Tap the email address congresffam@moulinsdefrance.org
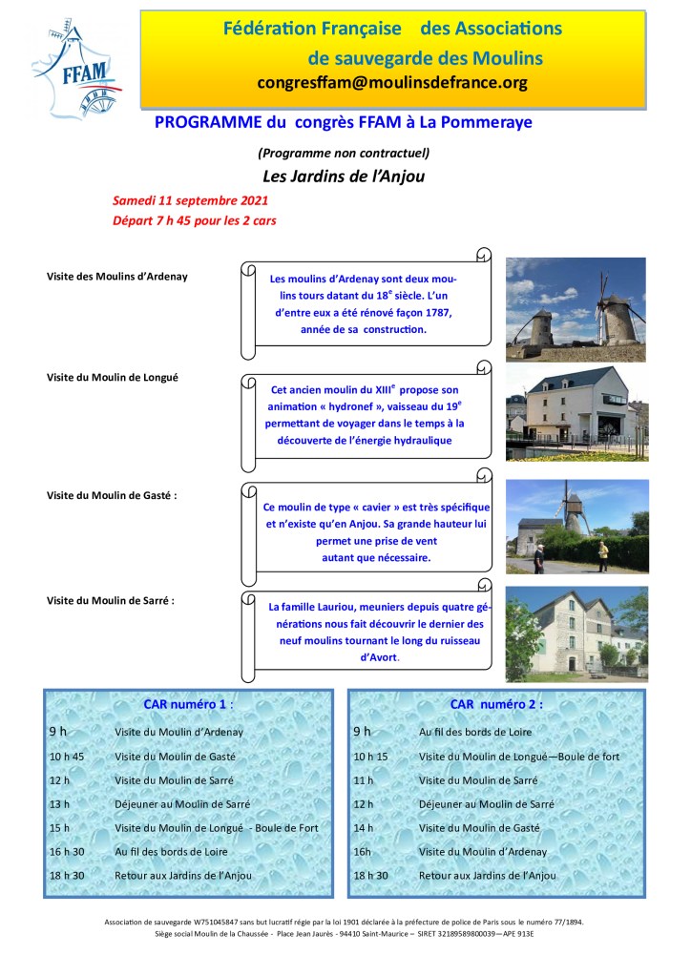click(x=392, y=82)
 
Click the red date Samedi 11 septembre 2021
click(x=190, y=201)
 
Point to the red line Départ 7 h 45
click(x=189, y=220)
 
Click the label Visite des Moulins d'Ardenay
click(x=117, y=277)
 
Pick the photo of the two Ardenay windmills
click(x=575, y=301)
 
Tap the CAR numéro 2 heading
click(x=496, y=704)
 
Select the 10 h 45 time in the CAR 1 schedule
click(x=67, y=757)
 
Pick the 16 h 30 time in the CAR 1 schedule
click(x=67, y=852)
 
